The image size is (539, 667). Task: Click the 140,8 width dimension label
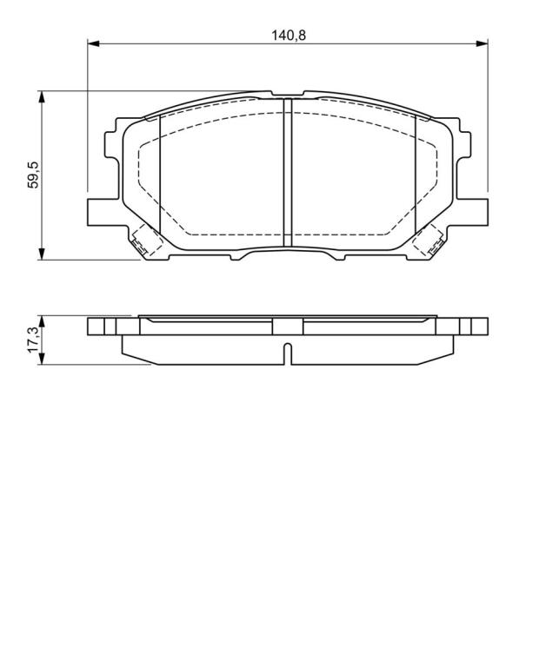(x=289, y=35)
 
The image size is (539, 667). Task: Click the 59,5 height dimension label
(x=33, y=175)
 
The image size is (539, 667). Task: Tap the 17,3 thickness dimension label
(x=33, y=340)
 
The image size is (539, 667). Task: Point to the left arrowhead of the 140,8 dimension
(x=93, y=43)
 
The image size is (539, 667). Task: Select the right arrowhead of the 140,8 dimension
(x=482, y=43)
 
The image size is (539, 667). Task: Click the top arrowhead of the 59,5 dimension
(x=42, y=97)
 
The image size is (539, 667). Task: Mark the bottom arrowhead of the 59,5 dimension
(x=42, y=254)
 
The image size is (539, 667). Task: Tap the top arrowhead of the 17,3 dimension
(x=42, y=322)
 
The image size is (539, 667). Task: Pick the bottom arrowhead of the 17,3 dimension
(x=42, y=358)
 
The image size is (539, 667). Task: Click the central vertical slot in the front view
(x=288, y=172)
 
